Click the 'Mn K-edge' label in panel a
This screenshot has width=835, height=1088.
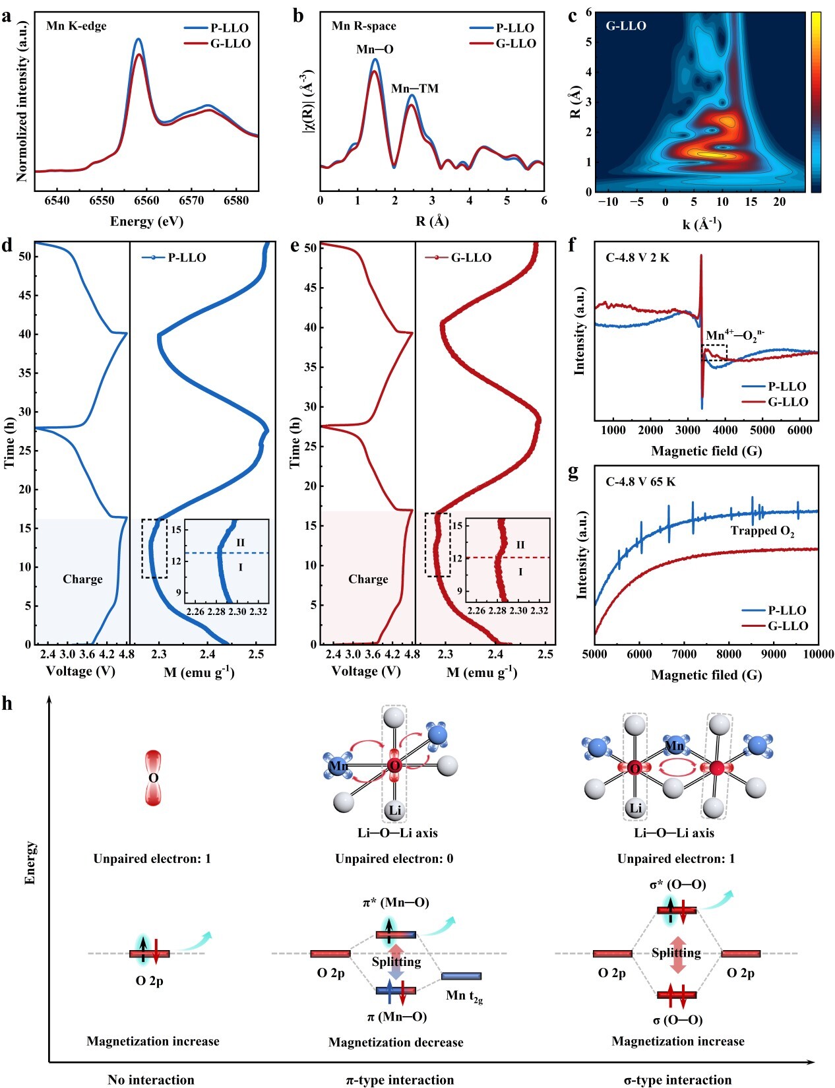[76, 26]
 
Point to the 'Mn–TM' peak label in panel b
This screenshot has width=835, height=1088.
[414, 88]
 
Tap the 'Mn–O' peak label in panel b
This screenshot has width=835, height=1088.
[375, 49]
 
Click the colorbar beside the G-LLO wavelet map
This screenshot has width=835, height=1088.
[816, 102]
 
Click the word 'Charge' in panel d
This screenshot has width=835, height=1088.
[82, 579]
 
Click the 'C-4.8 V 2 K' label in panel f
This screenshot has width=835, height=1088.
[637, 257]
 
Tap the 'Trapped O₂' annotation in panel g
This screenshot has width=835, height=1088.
[762, 531]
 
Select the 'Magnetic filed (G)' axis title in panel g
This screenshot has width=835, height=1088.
[706, 675]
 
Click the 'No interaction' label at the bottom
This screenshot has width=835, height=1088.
[151, 1080]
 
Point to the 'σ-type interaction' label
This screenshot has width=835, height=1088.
[677, 1080]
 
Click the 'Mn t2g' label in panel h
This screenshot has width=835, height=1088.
[464, 996]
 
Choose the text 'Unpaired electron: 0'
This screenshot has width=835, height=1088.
[394, 858]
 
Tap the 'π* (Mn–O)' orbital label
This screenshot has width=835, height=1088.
[396, 902]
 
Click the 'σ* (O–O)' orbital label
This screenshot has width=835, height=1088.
[677, 884]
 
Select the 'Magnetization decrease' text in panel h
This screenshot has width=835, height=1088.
[396, 1042]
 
